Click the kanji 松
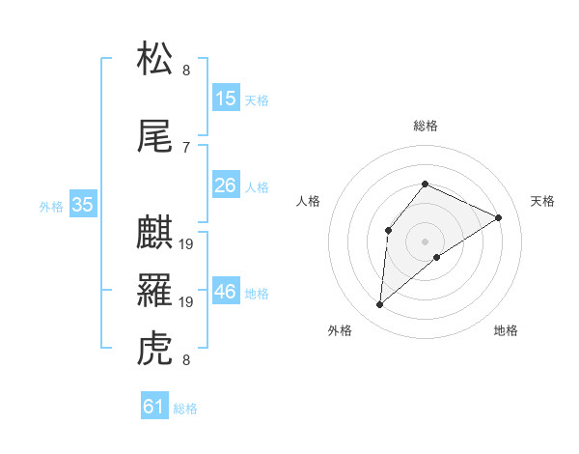[x=156, y=60]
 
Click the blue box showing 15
[x=226, y=99]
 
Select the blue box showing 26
[x=226, y=185]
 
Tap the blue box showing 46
[x=226, y=292]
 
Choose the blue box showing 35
[x=83, y=205]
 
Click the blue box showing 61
[x=154, y=407]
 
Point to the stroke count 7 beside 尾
[x=186, y=147]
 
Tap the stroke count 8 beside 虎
[x=186, y=360]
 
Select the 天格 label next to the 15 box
[x=257, y=99]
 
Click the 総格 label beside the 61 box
[x=185, y=409]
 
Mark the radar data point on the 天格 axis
[x=498, y=217]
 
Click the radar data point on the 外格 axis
[x=380, y=305]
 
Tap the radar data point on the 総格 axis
[x=425, y=184]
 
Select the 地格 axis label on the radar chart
[x=506, y=330]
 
